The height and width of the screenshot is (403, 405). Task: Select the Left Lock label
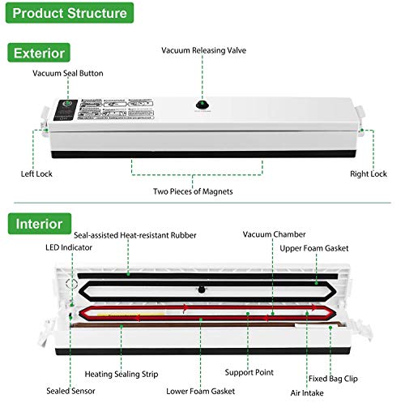click(x=36, y=174)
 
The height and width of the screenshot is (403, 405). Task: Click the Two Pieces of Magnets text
click(x=194, y=191)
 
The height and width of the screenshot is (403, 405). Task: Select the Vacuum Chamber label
click(x=271, y=234)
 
